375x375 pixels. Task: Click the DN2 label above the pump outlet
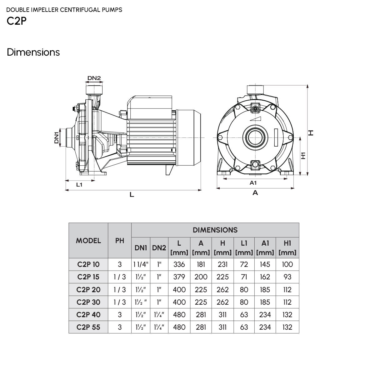click(94, 78)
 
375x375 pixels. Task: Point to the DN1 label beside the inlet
click(57, 138)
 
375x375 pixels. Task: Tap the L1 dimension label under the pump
click(79, 185)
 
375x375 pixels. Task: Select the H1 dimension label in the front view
click(303, 156)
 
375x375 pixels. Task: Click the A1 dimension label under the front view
click(253, 183)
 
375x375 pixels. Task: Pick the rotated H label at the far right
click(311, 133)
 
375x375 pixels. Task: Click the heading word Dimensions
click(33, 52)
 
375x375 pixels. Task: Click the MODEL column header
click(88, 241)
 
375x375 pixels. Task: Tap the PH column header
click(120, 241)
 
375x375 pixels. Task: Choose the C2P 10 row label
click(88, 264)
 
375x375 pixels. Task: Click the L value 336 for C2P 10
click(179, 264)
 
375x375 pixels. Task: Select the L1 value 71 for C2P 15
click(244, 277)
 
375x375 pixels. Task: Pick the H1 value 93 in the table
click(287, 277)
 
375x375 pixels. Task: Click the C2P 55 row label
click(88, 327)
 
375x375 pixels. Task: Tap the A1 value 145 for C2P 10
click(265, 264)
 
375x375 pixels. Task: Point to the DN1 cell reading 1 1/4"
click(141, 264)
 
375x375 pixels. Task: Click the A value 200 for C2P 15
click(201, 277)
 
